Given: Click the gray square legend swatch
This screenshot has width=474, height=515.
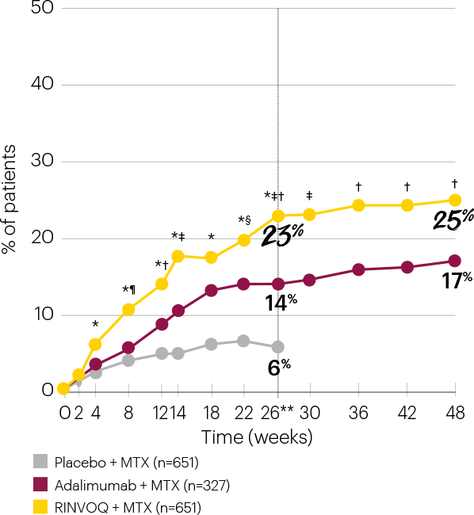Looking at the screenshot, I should click(40, 462).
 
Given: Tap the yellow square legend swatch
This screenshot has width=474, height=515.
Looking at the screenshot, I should click(40, 506).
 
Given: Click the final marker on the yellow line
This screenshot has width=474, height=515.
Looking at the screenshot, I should click(455, 200).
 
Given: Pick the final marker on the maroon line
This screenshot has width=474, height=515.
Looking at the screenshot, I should click(455, 261).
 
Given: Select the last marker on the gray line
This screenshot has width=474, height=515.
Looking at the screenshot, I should click(278, 347).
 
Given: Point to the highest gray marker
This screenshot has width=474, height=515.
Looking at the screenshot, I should click(243, 341).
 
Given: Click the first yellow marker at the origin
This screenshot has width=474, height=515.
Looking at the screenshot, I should click(63, 388).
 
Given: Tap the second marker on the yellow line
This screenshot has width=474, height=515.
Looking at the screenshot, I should click(78, 374).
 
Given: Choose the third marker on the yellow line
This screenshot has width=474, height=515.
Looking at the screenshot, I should click(95, 344).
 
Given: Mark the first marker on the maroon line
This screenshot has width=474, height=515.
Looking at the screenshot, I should click(95, 364).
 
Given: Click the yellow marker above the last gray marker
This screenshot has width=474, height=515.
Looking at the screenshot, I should click(278, 216).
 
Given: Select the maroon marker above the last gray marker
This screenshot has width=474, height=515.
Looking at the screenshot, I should click(278, 284).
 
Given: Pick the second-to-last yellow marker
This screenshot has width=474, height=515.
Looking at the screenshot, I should click(407, 205).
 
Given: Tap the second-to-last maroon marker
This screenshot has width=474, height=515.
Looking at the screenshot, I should click(407, 267).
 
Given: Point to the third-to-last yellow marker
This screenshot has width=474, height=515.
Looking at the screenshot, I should click(358, 205).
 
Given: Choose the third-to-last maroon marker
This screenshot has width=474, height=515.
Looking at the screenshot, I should click(358, 269).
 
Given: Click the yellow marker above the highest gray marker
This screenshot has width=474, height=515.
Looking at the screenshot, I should click(243, 240).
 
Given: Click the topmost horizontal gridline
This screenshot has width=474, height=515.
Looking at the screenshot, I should click(258, 8).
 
